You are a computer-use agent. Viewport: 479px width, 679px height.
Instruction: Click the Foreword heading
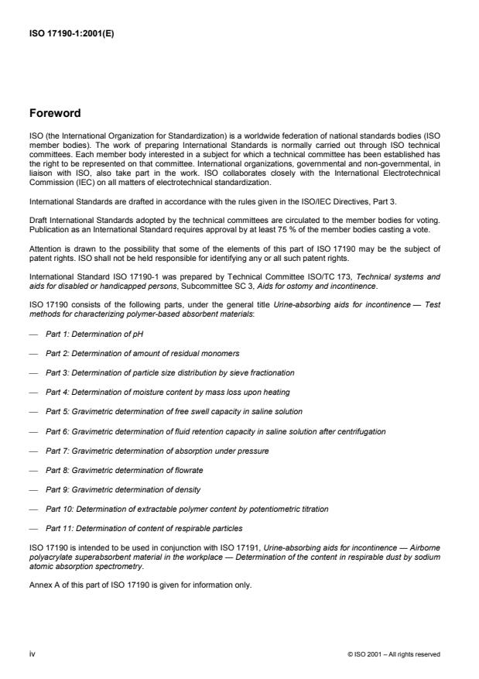tap(54, 113)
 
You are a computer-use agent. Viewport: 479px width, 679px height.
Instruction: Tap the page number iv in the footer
tap(32, 654)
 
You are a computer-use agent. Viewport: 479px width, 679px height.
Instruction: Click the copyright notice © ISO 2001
tap(394, 655)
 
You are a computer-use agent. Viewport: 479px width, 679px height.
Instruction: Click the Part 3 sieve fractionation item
tap(169, 372)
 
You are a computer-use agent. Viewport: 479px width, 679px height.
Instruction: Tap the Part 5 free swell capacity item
tap(173, 411)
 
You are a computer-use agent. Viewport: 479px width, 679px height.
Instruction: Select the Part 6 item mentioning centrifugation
tap(215, 430)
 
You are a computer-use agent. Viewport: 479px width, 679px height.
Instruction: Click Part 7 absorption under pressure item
tap(157, 451)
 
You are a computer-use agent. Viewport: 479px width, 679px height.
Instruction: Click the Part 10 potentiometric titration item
tap(186, 509)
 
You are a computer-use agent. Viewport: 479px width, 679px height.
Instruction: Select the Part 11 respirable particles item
tap(144, 529)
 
